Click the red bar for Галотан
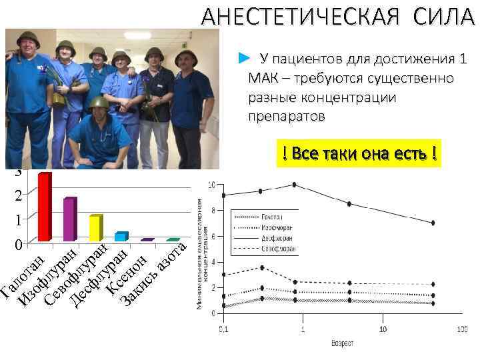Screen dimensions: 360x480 click(x=45, y=207)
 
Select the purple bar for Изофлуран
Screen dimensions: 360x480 click(x=70, y=219)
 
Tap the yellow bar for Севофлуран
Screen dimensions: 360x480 click(x=95, y=228)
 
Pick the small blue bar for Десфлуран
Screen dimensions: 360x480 click(x=121, y=237)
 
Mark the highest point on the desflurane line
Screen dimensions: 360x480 click(x=294, y=185)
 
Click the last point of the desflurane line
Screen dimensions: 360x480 click(x=433, y=223)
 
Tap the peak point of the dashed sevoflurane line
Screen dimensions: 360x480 click(x=263, y=267)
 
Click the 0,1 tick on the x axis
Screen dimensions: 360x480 click(x=223, y=329)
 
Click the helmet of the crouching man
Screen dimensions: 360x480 click(x=99, y=103)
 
